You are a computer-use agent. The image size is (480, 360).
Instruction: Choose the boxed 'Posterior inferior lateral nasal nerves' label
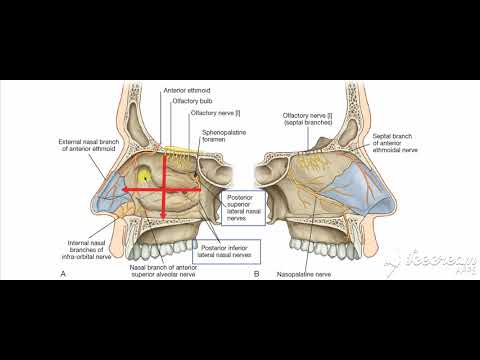click(227, 248)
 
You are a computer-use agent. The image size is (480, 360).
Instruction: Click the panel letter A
click(65, 272)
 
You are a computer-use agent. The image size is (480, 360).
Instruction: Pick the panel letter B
click(257, 272)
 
